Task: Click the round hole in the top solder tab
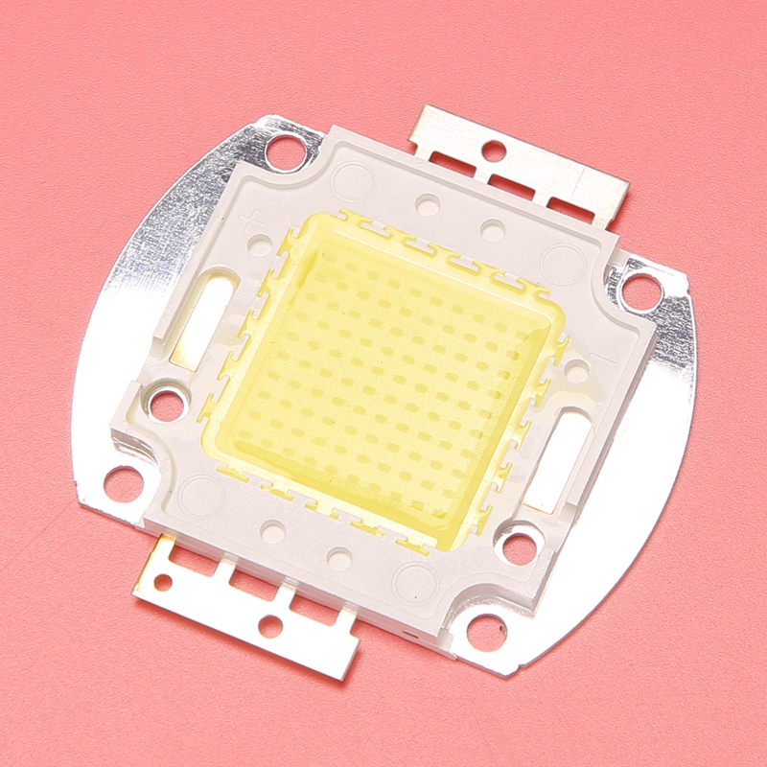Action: click(x=494, y=151)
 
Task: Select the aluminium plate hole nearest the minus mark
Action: click(x=640, y=288)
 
